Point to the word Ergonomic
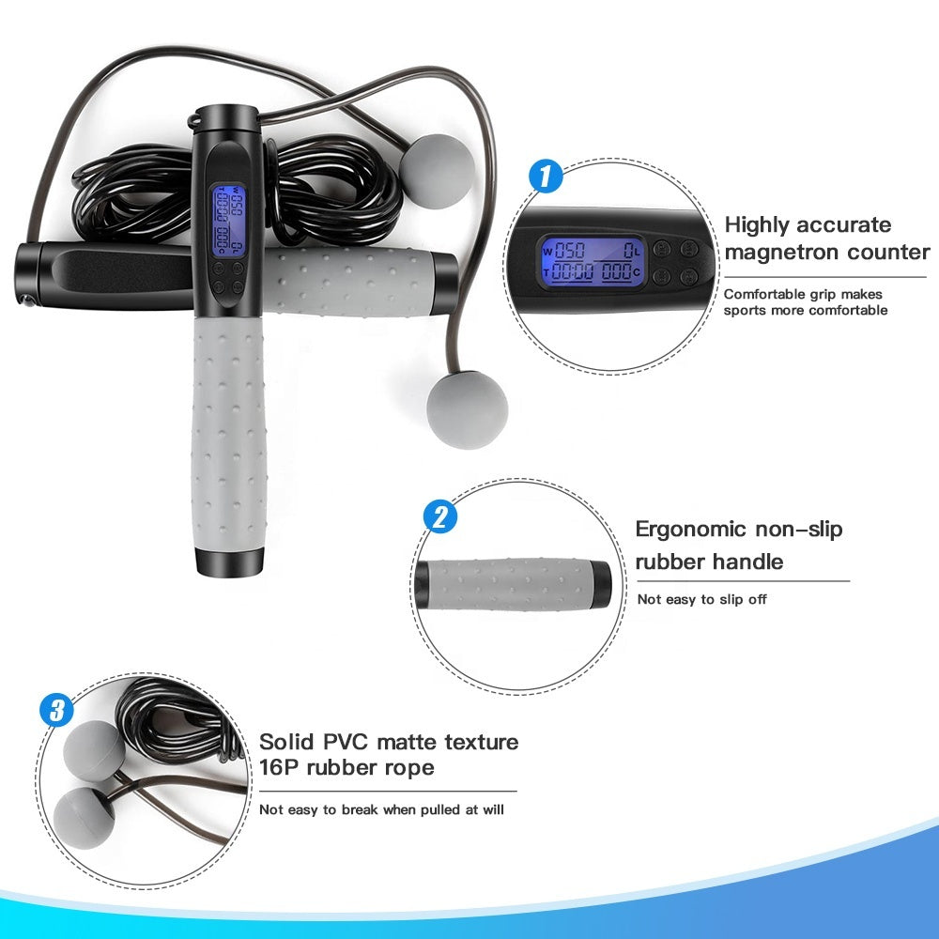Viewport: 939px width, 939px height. [x=691, y=529]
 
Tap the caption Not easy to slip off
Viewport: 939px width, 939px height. [x=702, y=599]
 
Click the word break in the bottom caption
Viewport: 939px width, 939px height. [x=379, y=808]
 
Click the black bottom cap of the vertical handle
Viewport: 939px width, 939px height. [x=229, y=562]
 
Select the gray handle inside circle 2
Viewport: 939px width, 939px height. [x=502, y=582]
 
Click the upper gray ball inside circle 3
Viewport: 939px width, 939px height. [x=93, y=749]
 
